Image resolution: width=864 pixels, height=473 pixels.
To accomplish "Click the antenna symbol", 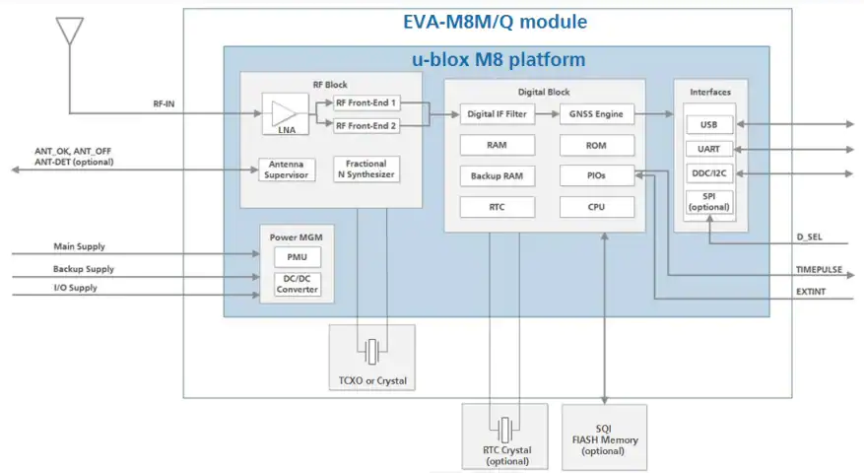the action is (x=69, y=31).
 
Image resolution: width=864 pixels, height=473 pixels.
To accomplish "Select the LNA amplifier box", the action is (x=286, y=114).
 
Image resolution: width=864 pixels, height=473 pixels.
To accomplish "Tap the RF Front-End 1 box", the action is (x=366, y=103).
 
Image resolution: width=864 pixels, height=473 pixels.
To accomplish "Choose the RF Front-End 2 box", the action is (x=366, y=126).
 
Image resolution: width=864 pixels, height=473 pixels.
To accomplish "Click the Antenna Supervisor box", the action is (x=287, y=169).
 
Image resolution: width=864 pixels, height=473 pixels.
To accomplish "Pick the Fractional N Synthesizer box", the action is (x=366, y=169).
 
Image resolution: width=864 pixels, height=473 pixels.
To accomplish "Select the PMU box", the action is (x=298, y=257).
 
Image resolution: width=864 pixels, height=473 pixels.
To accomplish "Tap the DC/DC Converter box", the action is (x=298, y=284).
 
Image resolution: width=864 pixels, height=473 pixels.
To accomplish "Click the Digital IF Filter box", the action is (x=497, y=114).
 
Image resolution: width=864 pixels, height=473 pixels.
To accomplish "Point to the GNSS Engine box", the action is (x=597, y=114).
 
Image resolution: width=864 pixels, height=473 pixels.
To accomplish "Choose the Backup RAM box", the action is (x=497, y=175).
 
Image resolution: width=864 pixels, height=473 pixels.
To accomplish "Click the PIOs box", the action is (x=597, y=175).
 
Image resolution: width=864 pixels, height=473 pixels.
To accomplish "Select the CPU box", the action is (x=597, y=207).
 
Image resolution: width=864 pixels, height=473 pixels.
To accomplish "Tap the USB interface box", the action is (x=709, y=124).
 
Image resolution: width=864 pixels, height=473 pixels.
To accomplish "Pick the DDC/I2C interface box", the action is (x=709, y=173).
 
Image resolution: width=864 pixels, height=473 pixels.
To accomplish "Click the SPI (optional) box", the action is (x=709, y=202).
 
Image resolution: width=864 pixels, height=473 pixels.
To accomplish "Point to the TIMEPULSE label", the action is (x=820, y=270).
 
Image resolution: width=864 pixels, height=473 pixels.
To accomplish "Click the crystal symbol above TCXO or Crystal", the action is (x=372, y=351).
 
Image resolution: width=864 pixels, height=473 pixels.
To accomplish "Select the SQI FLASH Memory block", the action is (x=605, y=438).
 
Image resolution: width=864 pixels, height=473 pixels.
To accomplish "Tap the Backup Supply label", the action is (x=84, y=269).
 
